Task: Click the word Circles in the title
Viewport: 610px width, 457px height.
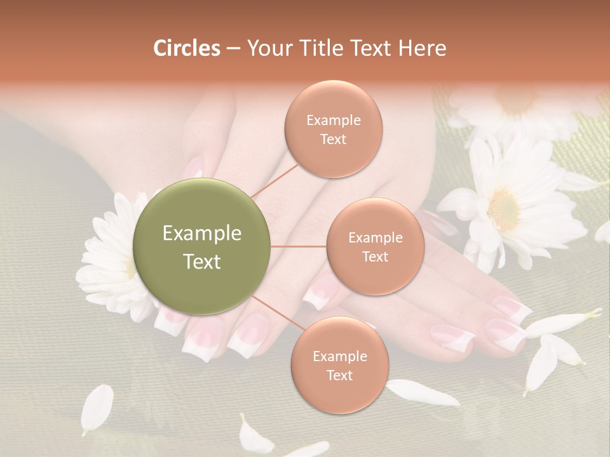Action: tap(186, 48)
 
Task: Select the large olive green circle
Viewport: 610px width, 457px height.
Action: tap(202, 247)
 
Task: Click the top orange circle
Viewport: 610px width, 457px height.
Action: tap(333, 129)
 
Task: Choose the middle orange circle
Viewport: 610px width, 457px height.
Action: tap(375, 246)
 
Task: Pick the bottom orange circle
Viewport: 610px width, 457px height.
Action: tap(339, 365)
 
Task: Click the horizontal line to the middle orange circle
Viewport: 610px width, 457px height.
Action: tap(299, 246)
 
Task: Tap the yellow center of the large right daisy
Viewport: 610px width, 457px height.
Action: tap(504, 209)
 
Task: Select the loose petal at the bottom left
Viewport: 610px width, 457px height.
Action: tap(97, 409)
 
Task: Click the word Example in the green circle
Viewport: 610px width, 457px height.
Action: tap(202, 234)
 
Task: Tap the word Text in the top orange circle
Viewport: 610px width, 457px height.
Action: tap(333, 139)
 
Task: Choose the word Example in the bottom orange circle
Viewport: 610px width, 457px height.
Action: tap(339, 356)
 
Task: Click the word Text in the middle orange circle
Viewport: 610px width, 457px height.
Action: tap(375, 256)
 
